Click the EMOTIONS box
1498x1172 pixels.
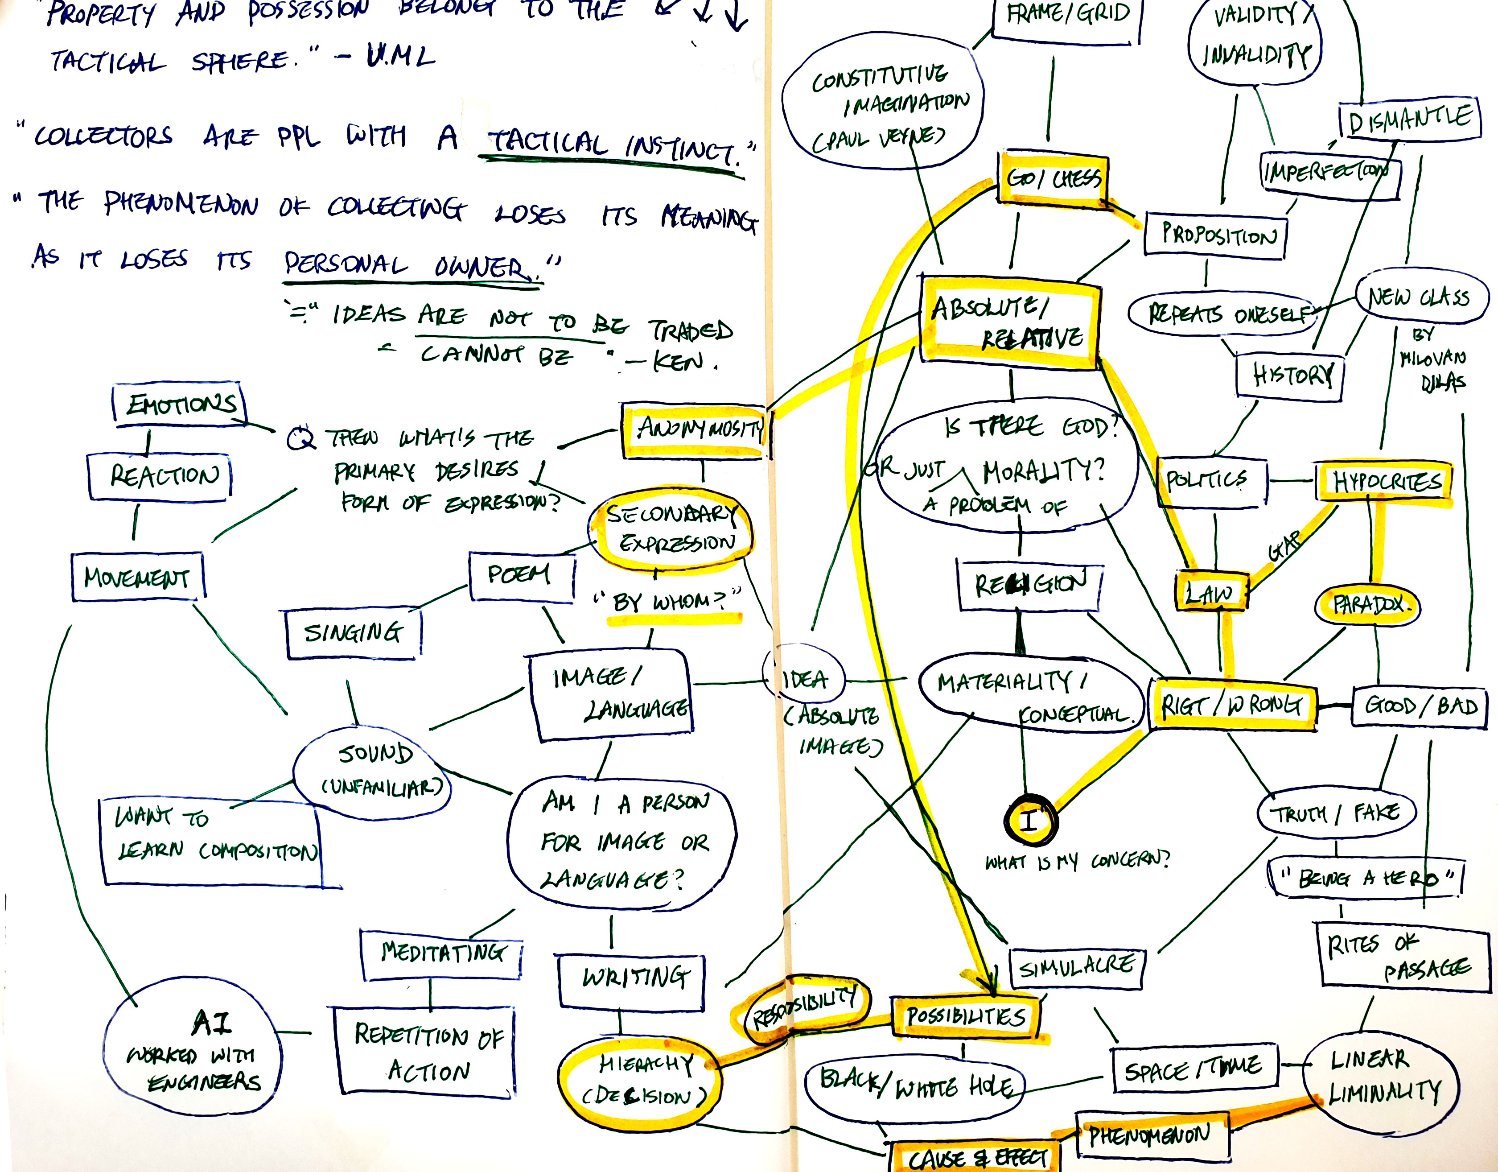[x=181, y=405]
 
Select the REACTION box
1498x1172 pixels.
[x=160, y=475]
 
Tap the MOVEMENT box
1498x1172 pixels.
[x=138, y=577]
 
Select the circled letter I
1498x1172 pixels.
[x=1029, y=819]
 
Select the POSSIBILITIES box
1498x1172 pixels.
[x=965, y=1016]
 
